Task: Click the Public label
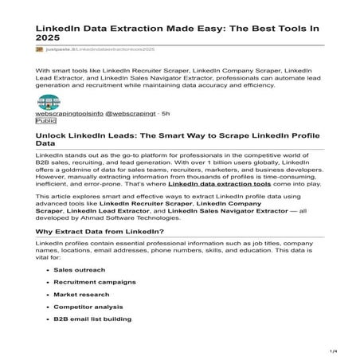[x=46, y=123]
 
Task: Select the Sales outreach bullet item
[x=79, y=270]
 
